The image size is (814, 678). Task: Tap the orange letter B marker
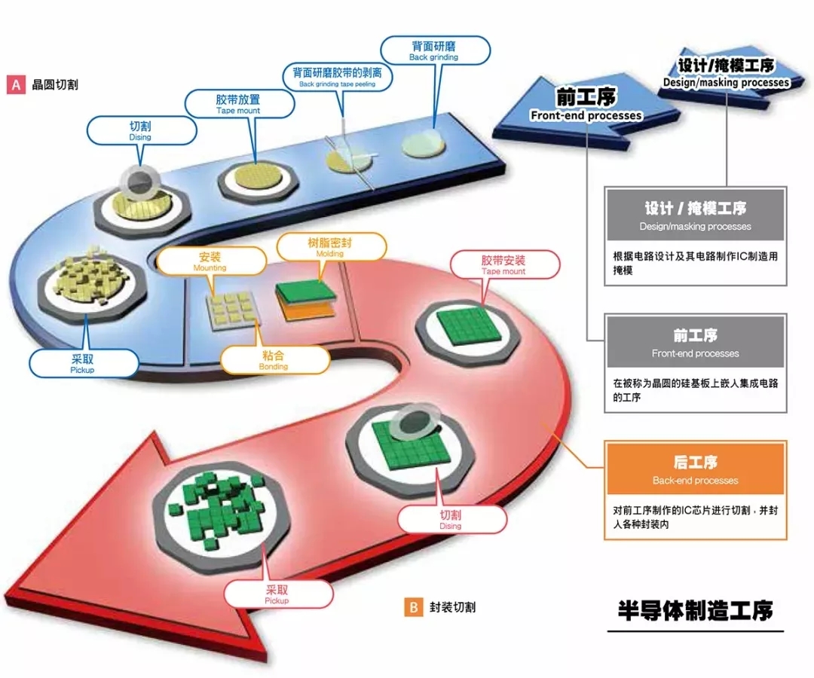pos(413,607)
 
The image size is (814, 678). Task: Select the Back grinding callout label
pos(433,50)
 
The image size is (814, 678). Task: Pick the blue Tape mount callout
pos(238,103)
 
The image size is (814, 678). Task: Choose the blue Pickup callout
pos(83,362)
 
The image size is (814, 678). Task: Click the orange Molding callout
pos(331,247)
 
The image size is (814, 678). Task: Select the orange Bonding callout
pos(274,359)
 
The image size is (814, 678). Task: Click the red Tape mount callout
pos(503,264)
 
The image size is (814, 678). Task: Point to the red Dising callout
pos(451,518)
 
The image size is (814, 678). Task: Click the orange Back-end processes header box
pos(696,470)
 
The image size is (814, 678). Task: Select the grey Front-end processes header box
pos(696,343)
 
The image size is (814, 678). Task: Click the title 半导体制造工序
pos(695,609)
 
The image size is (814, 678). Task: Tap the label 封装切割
pos(452,607)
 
